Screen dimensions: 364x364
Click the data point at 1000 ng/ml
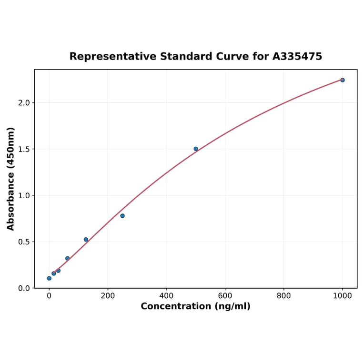(342, 80)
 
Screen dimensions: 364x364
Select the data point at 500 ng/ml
(196, 149)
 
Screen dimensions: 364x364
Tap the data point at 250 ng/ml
(122, 216)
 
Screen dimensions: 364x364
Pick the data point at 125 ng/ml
(86, 240)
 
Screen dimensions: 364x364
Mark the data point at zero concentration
(49, 278)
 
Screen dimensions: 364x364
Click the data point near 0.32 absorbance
(68, 258)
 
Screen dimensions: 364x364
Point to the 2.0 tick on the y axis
(24, 103)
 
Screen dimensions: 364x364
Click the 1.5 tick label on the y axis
(24, 149)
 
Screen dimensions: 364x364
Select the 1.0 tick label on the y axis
(24, 195)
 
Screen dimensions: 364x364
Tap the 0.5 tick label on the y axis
(24, 242)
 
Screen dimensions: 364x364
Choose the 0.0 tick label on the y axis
(24, 288)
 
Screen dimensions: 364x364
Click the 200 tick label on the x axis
(108, 296)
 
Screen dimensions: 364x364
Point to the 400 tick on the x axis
(166, 296)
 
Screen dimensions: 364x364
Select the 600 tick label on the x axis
(225, 296)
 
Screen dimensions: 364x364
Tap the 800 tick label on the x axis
(284, 296)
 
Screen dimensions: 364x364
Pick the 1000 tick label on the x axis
(343, 296)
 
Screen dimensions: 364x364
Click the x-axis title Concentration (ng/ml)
(195, 306)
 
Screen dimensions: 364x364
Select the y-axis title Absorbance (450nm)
(11, 179)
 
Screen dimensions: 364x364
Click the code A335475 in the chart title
(297, 57)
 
